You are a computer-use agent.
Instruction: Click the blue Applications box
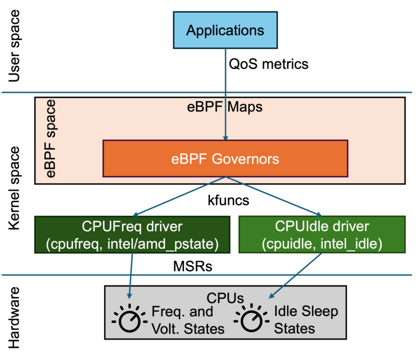[x=225, y=31]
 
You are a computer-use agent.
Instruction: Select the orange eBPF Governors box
[x=225, y=159]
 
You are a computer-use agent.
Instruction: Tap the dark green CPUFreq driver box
[x=132, y=234]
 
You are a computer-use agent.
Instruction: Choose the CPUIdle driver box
[x=322, y=234]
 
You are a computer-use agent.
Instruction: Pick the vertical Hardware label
[x=14, y=318]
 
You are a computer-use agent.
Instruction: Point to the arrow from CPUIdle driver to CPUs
[x=295, y=275]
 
